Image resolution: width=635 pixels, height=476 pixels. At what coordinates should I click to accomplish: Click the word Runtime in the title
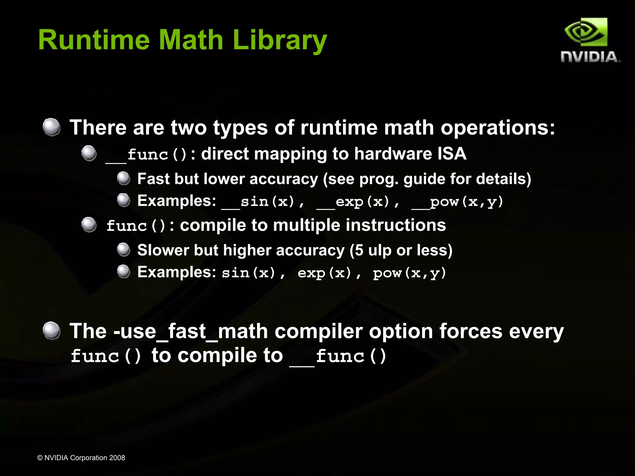94,40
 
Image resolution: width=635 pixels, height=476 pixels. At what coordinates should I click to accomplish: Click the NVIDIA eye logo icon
586,32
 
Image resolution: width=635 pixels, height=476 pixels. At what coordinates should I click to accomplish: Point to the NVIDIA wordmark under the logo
590,57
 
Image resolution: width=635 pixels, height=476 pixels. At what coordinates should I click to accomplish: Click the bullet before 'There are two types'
51,127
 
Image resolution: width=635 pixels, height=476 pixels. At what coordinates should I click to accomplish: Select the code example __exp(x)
353,202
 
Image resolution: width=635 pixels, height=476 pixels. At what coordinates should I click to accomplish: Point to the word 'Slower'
163,250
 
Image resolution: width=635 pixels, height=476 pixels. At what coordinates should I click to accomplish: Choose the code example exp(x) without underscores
324,273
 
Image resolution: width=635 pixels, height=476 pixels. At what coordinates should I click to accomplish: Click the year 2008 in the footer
117,458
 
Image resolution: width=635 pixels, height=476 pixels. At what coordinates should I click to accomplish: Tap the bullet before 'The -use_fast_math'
51,330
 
